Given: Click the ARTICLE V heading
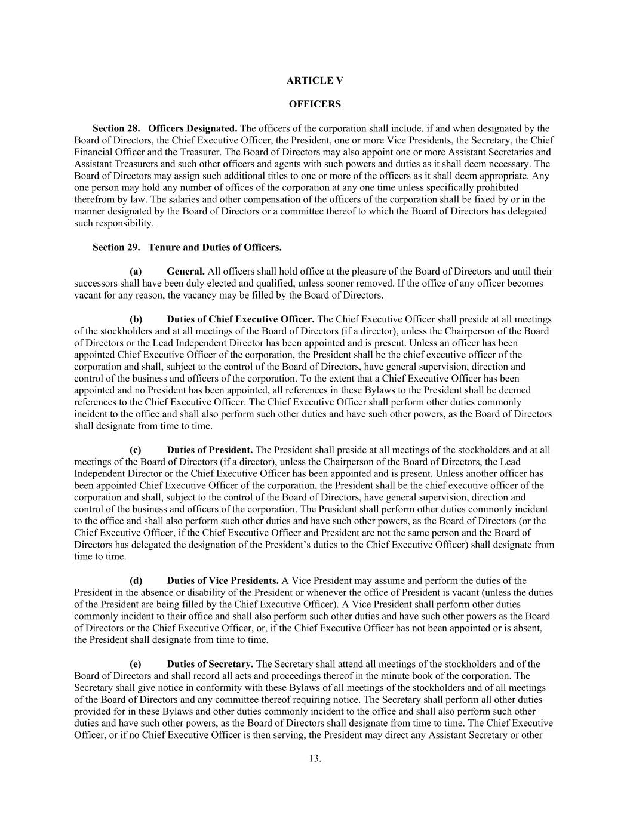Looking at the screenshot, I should (x=315, y=81).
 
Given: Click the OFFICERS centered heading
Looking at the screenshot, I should (x=315, y=104).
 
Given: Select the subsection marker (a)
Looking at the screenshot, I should (x=136, y=272).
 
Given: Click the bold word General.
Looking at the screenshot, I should (x=186, y=272).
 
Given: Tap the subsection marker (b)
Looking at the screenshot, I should (x=136, y=319).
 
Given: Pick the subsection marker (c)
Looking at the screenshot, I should (x=136, y=450).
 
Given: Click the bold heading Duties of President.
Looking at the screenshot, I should (x=210, y=450).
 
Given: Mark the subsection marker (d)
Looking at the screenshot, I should (x=136, y=581).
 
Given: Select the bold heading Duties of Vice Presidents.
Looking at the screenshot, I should (x=223, y=581).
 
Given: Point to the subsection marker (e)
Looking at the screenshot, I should (x=136, y=664).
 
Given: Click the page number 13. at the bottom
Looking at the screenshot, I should (x=315, y=759).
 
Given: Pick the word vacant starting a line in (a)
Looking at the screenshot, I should (x=87, y=296).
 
